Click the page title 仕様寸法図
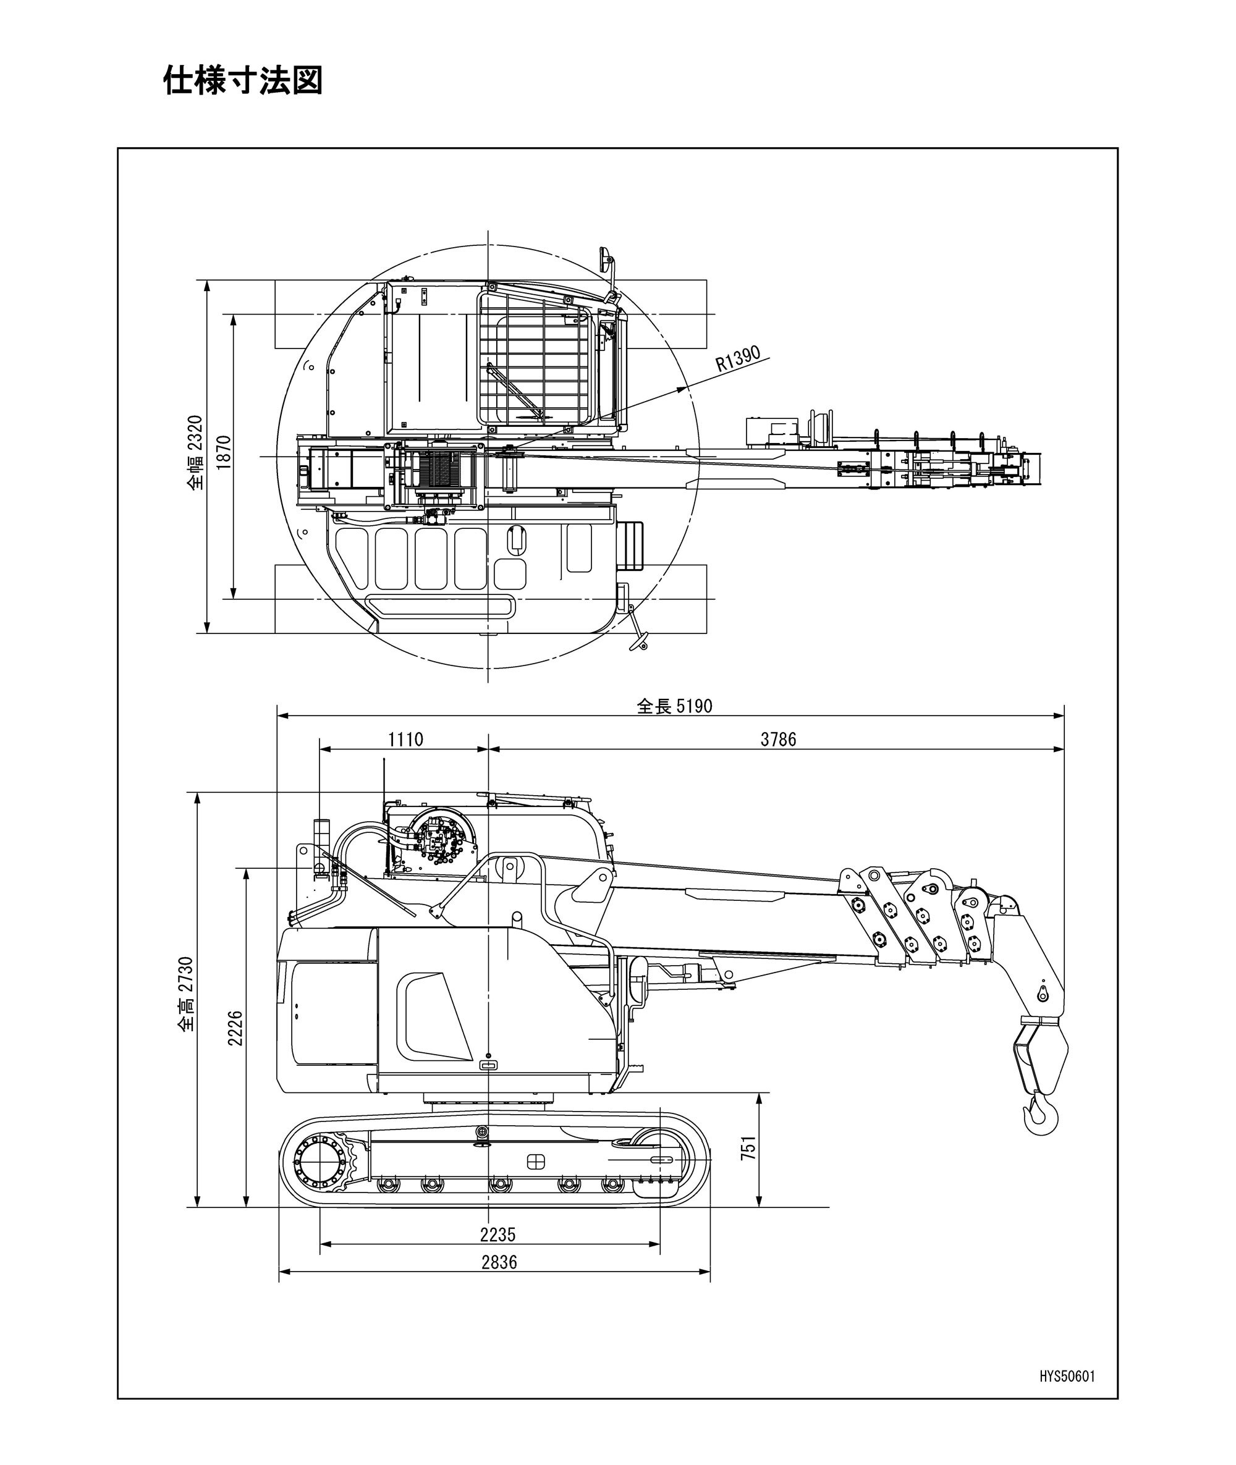click(x=243, y=80)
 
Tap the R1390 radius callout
click(x=738, y=358)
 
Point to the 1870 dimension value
click(x=224, y=452)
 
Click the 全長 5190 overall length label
click(x=674, y=706)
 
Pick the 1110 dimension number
click(x=405, y=739)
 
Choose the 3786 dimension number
click(x=779, y=739)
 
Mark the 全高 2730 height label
click(x=185, y=994)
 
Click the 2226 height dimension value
click(x=235, y=1028)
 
